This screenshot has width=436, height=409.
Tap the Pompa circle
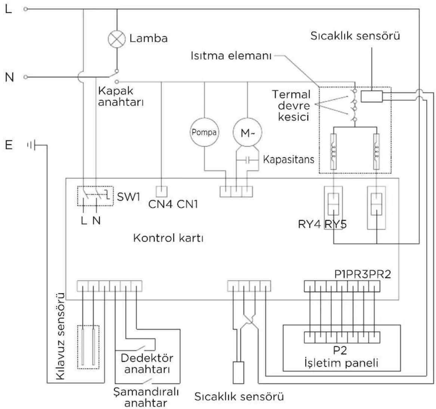pyautogui.click(x=204, y=133)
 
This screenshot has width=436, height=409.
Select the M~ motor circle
pyautogui.click(x=247, y=133)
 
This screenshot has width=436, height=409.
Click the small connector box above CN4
pyautogui.click(x=161, y=191)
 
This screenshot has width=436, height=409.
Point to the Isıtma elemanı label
pyautogui.click(x=231, y=56)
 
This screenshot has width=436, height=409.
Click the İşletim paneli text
pyautogui.click(x=341, y=363)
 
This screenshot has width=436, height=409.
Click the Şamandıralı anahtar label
pyautogui.click(x=146, y=397)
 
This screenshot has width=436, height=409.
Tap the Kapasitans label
pyautogui.click(x=288, y=160)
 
